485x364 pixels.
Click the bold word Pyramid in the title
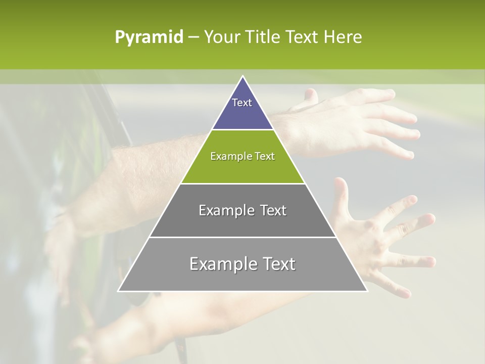149,37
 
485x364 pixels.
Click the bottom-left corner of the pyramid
119,291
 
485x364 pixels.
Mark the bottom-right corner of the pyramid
367,291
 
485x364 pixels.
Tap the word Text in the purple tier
242,103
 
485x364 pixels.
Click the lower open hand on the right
384,243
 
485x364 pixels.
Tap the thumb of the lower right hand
342,192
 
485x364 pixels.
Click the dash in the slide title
193,37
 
